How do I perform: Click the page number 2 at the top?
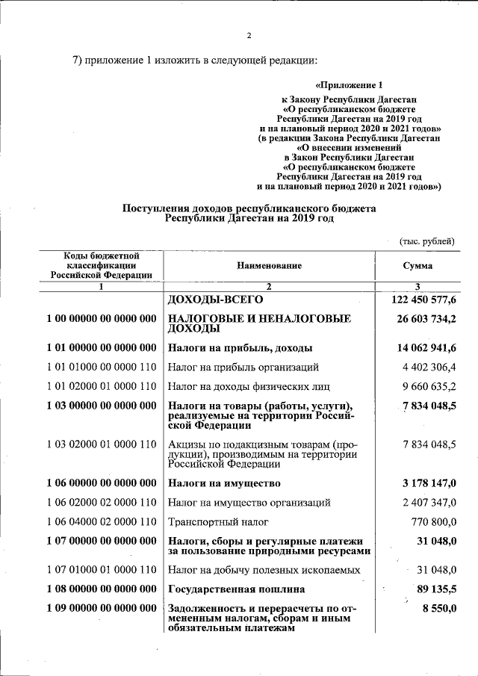pos(249,35)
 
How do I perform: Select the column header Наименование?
pos(270,265)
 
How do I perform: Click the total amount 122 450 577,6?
pos(423,300)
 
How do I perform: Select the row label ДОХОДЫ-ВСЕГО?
pos(217,300)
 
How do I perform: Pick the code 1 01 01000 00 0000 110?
pos(101,367)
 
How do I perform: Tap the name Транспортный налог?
pos(218,521)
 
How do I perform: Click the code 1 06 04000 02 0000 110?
pos(101,521)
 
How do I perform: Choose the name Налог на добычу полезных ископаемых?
pos(264,570)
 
